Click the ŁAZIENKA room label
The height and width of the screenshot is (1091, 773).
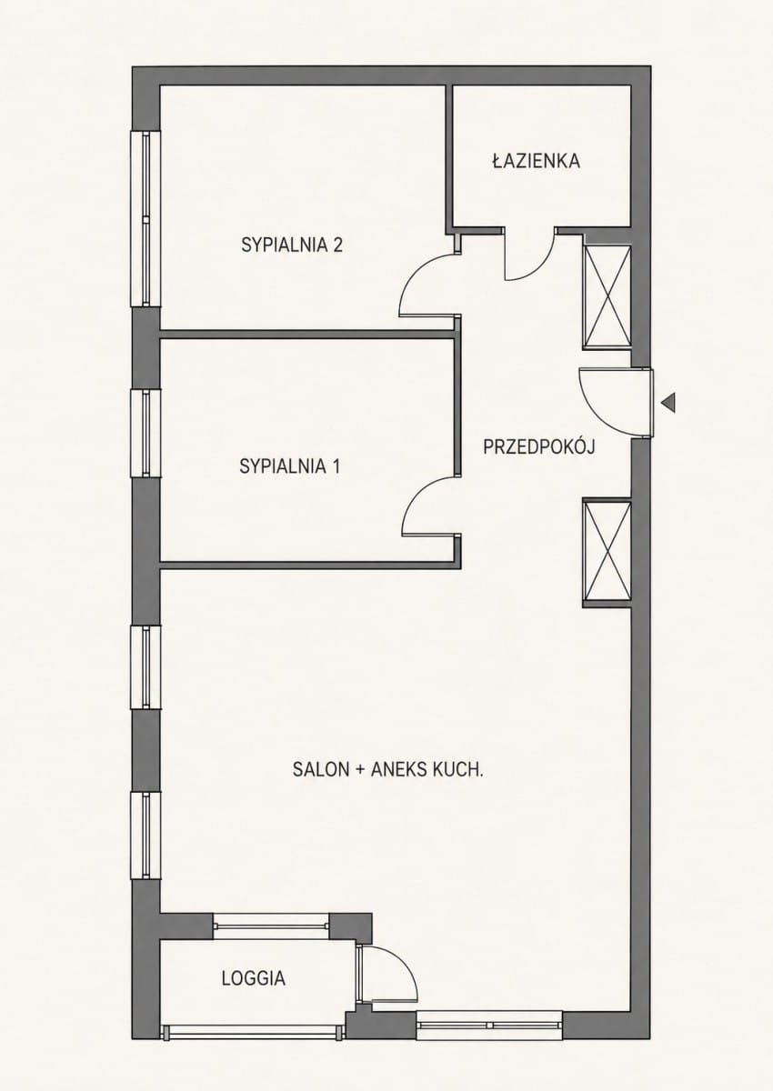tap(536, 161)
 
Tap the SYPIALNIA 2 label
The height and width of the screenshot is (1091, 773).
tap(292, 245)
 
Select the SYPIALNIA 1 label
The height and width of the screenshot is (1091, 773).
tap(290, 466)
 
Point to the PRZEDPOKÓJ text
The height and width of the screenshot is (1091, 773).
tap(538, 445)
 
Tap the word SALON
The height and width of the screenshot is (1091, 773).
tap(321, 769)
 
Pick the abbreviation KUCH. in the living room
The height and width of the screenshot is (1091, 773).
tap(457, 769)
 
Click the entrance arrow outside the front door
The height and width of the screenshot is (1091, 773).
tap(668, 403)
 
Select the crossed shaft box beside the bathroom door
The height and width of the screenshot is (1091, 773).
tap(607, 297)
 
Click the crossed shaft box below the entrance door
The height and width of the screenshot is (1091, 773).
tap(607, 553)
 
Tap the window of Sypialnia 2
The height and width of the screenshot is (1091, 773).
tap(146, 219)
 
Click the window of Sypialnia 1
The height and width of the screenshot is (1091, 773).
tap(146, 433)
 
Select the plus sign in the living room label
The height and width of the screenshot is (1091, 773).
tap(360, 769)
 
